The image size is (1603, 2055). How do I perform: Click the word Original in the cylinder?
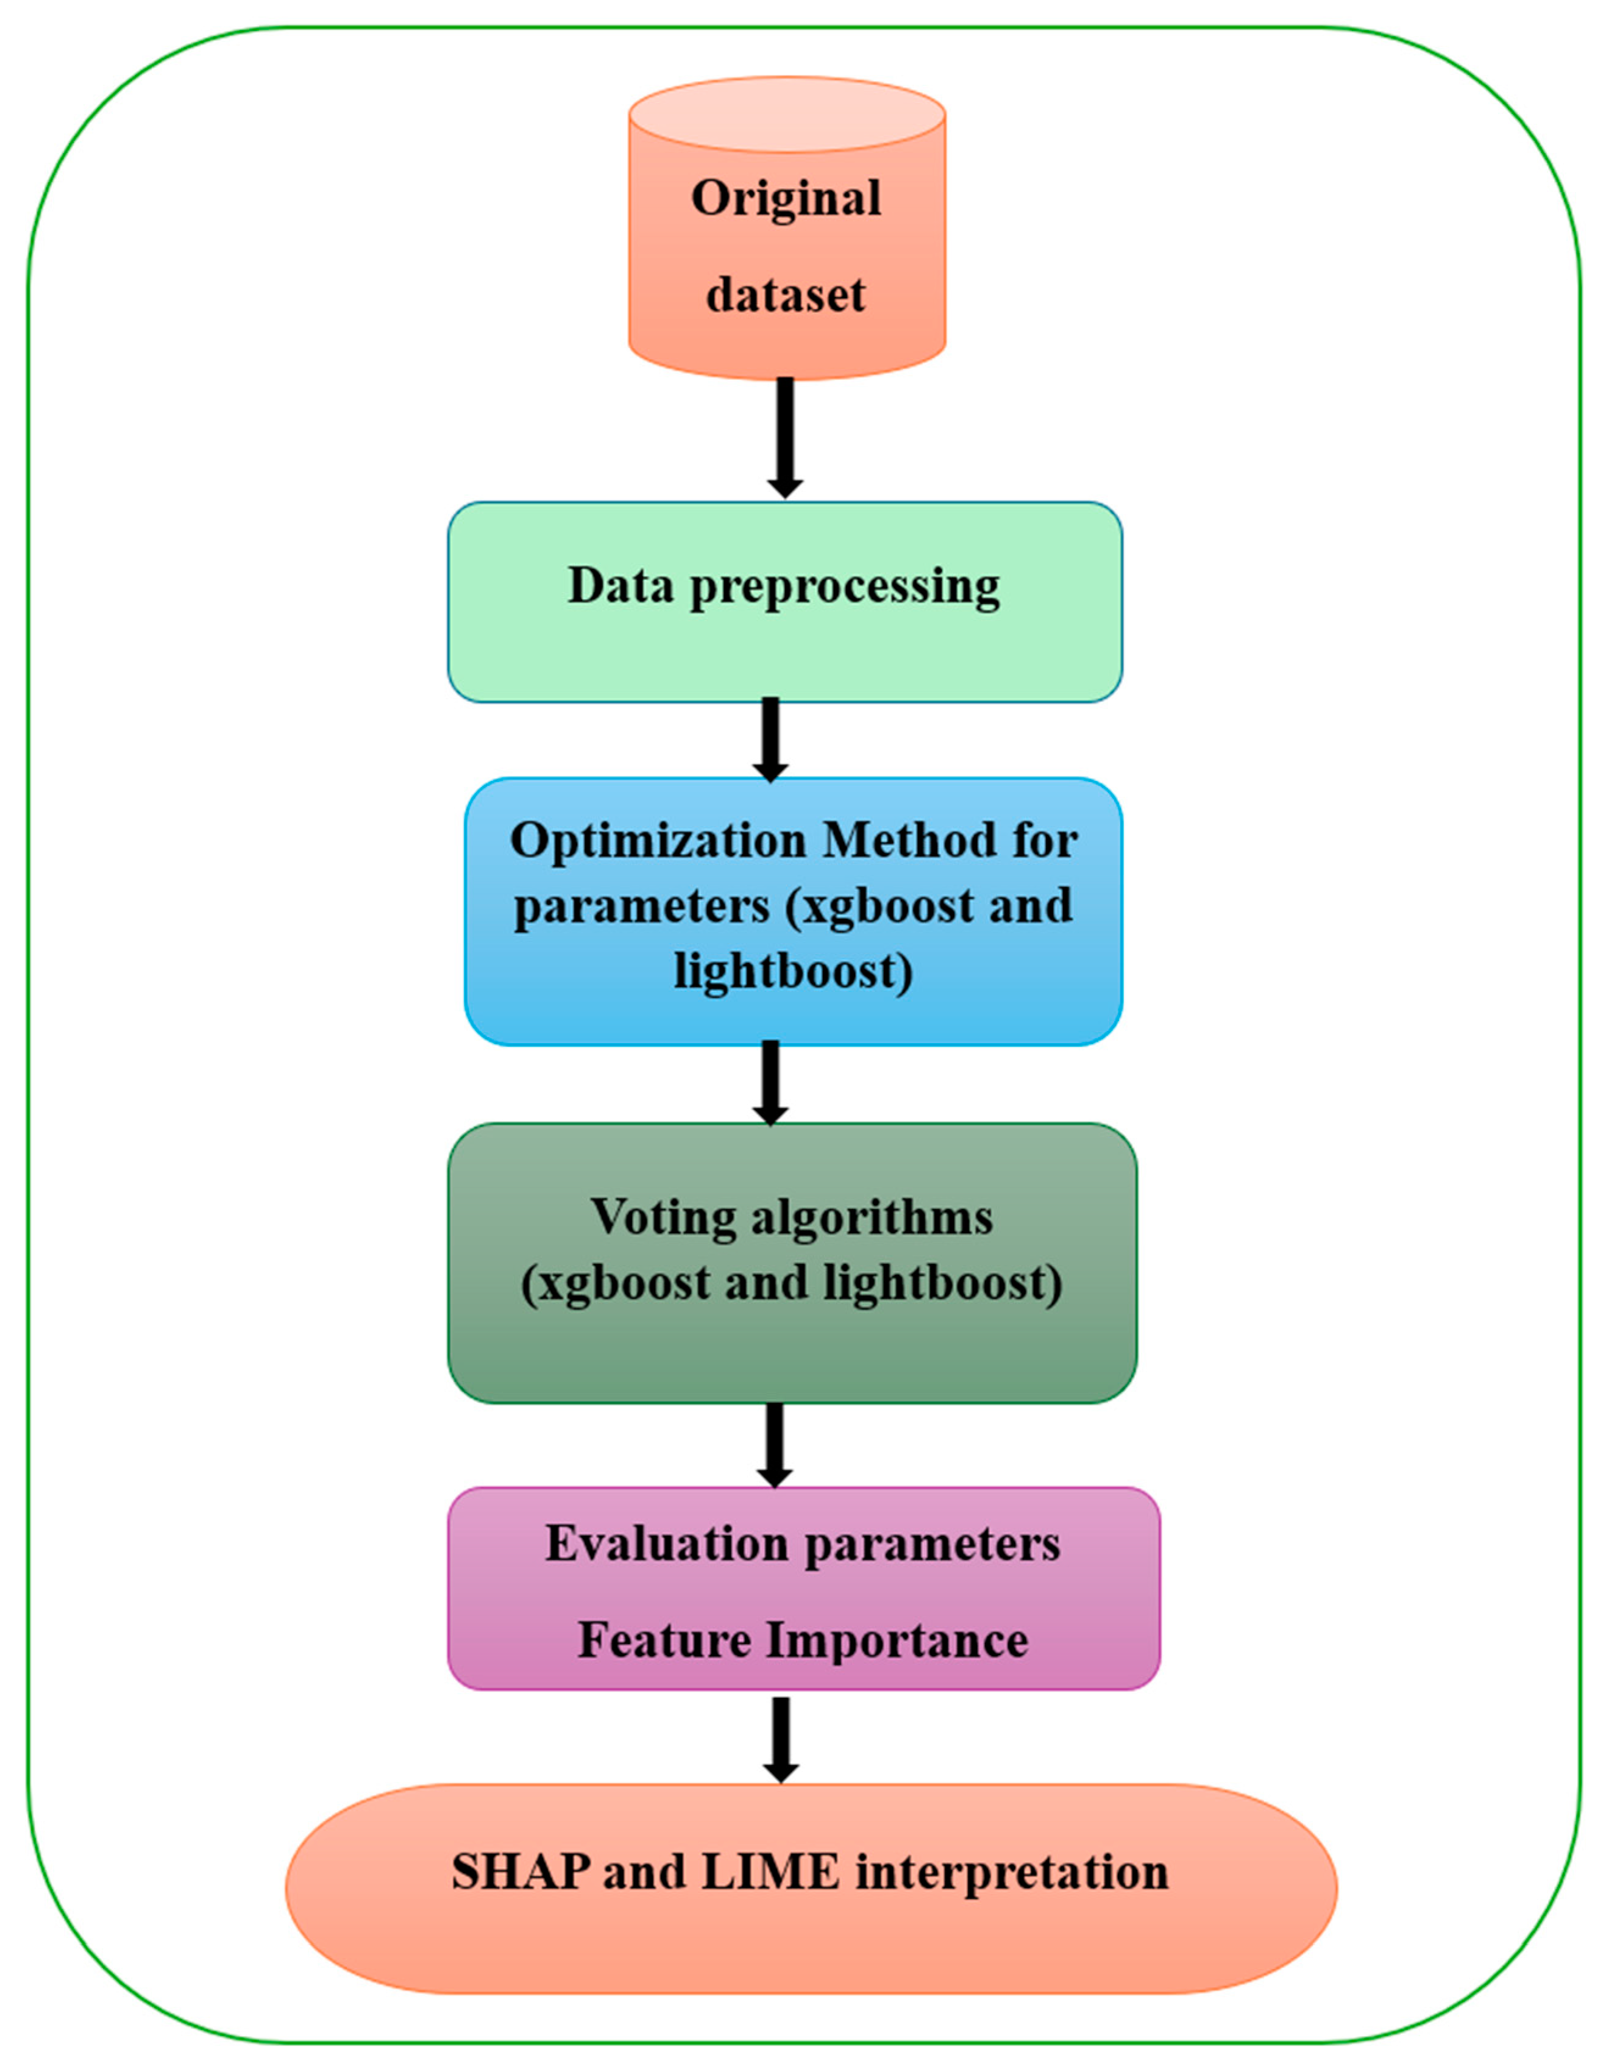(x=786, y=199)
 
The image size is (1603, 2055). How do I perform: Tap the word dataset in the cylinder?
(x=786, y=296)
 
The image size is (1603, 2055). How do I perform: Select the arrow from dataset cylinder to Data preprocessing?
(x=786, y=438)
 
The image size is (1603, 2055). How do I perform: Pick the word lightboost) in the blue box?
(x=793, y=971)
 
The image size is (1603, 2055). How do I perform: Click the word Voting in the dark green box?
(x=663, y=1217)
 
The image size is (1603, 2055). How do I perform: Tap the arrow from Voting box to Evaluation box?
(x=774, y=1444)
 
